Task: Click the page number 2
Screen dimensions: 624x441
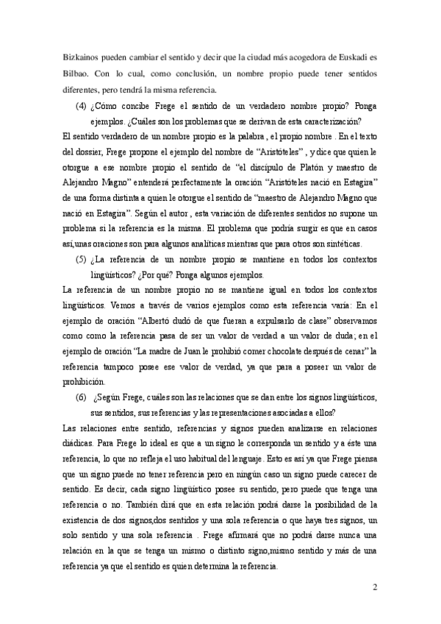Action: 374,587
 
